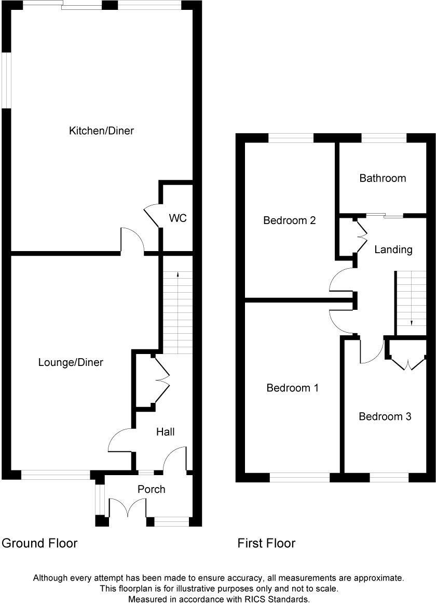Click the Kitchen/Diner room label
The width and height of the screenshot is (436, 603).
coord(101,130)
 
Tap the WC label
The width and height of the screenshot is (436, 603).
coord(178,218)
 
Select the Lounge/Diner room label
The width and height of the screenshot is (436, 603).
coord(71,362)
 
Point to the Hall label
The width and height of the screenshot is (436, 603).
coord(166,432)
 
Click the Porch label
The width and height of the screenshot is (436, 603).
coord(152,489)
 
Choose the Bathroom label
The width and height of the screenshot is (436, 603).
coord(383,178)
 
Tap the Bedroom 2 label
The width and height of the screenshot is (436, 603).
coord(289,220)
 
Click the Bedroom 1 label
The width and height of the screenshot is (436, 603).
coord(292,388)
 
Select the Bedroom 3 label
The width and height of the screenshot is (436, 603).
coord(385,416)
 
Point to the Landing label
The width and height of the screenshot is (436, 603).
coord(393,250)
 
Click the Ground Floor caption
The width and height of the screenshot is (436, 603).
coord(39,543)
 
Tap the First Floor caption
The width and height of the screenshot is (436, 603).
coord(266,543)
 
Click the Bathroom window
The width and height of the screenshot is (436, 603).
coord(384,138)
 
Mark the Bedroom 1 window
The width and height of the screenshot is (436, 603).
coord(299,477)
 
